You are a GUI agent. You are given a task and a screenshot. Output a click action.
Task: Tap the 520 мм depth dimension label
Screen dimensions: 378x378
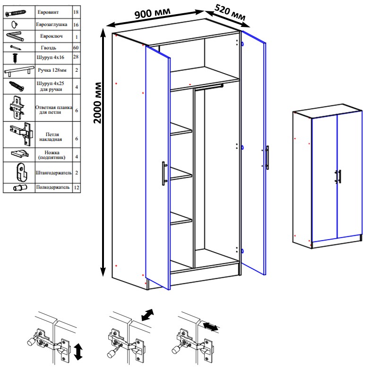tap(230, 13)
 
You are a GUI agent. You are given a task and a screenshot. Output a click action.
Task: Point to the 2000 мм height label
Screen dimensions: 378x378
tap(98, 103)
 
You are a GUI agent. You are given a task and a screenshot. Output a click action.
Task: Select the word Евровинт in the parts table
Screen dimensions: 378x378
tap(48, 12)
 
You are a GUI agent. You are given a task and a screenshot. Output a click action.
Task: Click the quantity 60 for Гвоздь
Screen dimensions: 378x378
tap(76, 48)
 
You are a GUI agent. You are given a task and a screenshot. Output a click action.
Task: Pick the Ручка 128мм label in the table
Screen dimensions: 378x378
tap(52, 70)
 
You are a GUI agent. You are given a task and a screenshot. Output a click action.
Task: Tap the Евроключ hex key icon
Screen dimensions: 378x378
tap(15, 36)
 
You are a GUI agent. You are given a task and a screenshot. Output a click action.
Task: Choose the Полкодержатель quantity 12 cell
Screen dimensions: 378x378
tap(77, 188)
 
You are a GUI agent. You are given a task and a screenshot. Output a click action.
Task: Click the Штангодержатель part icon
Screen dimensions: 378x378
tap(22, 172)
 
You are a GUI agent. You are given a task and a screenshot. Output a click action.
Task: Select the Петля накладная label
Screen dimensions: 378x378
tap(52, 137)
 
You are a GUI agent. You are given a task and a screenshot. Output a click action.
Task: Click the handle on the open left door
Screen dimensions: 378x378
tap(164, 173)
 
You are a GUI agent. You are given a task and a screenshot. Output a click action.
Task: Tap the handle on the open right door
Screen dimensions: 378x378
tap(267, 158)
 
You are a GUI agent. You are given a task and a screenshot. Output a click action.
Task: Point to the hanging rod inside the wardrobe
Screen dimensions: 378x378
tap(209, 87)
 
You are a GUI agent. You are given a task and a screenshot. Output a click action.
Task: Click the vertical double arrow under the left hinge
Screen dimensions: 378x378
tap(78, 352)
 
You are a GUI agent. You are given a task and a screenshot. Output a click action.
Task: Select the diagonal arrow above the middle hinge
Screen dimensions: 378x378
tap(147, 315)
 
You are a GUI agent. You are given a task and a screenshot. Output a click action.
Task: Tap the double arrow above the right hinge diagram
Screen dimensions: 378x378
tap(211, 327)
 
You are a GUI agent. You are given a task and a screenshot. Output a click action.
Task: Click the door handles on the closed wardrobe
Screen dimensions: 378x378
tap(338, 177)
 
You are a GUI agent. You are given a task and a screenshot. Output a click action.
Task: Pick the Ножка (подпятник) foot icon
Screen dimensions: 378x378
tap(20, 154)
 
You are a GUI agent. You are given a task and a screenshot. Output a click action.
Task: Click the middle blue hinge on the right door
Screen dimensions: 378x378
tap(242, 147)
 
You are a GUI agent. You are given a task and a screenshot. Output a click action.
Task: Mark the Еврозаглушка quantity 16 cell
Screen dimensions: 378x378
tap(76, 25)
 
